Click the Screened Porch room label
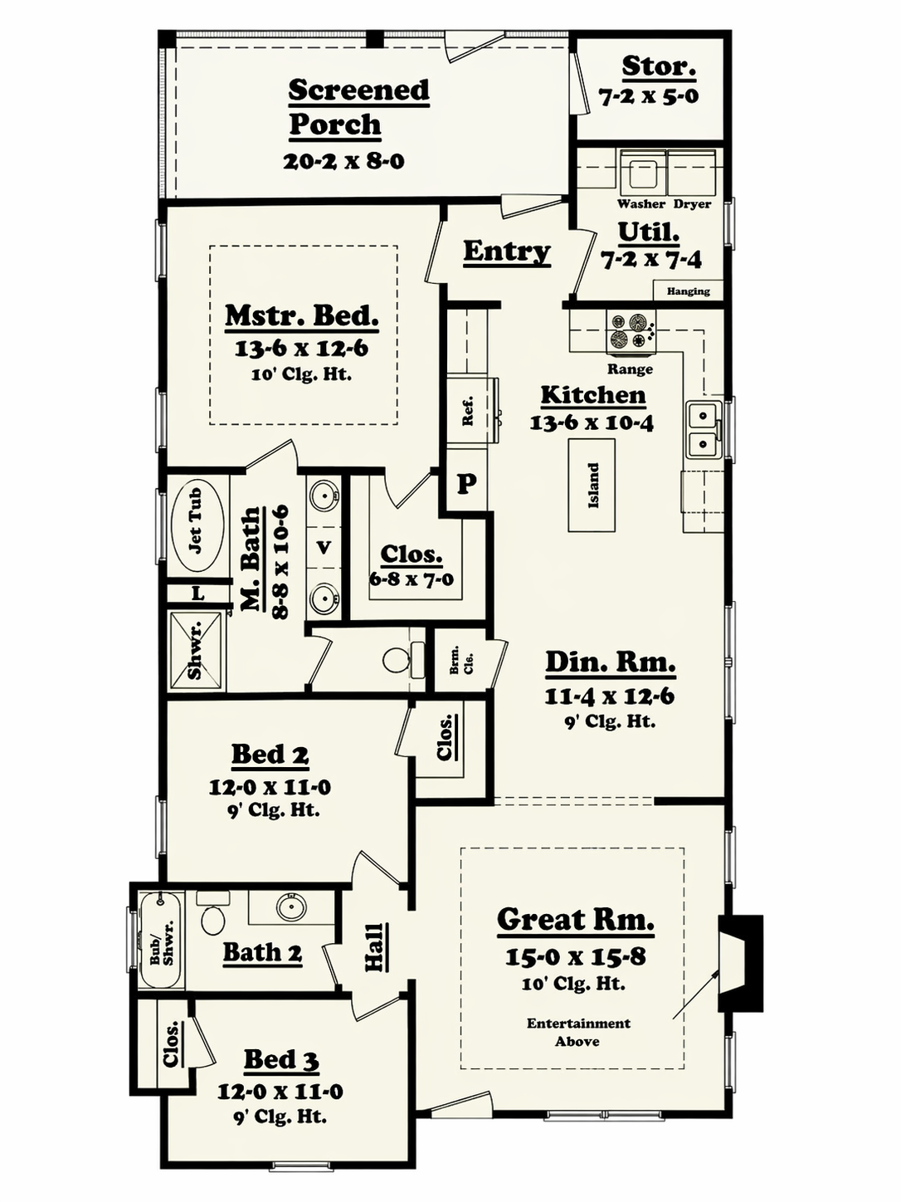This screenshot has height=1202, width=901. tap(358, 107)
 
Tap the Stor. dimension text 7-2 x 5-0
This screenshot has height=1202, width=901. tap(648, 97)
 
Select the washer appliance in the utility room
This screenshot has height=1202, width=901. tap(643, 173)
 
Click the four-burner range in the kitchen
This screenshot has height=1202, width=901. tap(630, 330)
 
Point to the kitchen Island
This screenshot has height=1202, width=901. tap(592, 485)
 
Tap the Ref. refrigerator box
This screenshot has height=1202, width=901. tap(472, 410)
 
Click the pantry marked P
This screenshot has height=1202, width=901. tap(466, 483)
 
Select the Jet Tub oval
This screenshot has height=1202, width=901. tap(197, 521)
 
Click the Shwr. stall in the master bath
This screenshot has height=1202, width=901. tap(197, 651)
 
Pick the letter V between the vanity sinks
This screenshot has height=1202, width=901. tap(324, 546)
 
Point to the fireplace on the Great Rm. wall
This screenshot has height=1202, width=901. tap(741, 963)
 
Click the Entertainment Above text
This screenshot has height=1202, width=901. tap(578, 1032)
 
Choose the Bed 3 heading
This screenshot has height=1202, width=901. tap(281, 1059)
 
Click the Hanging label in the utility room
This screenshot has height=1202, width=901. tap(689, 291)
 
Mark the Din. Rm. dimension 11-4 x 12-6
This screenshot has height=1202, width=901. tap(610, 696)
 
